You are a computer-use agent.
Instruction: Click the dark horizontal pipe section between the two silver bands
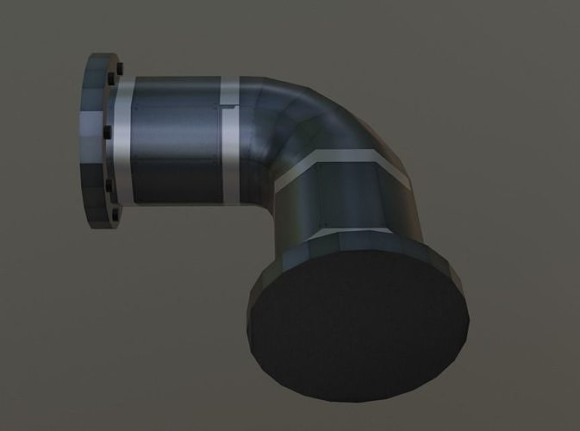tap(177, 142)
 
